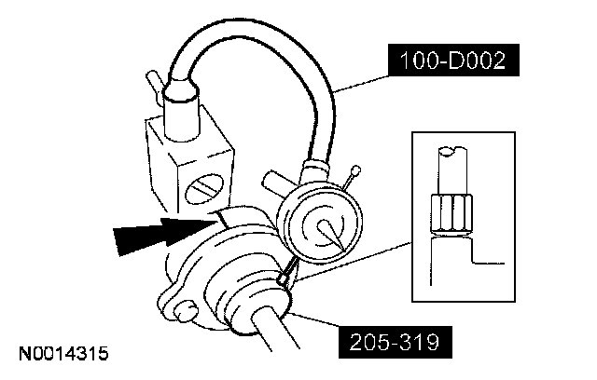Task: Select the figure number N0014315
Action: pos(62,355)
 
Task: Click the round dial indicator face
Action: pos(318,227)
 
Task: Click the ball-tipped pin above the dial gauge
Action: pos(354,172)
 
